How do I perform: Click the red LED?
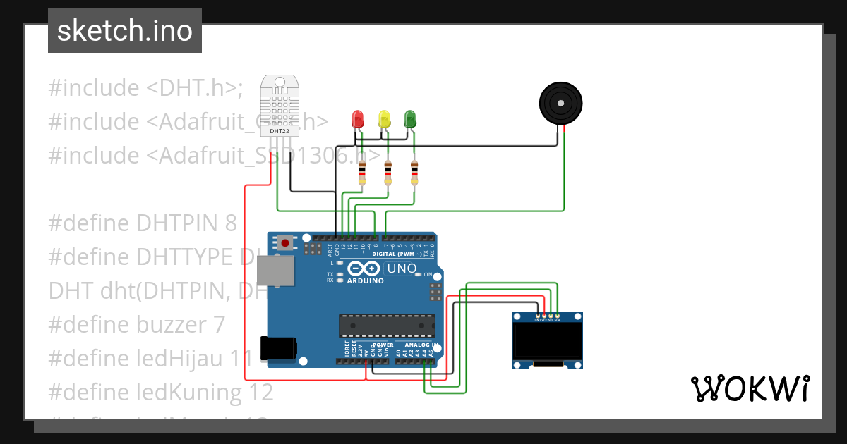(358, 118)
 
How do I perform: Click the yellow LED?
(384, 118)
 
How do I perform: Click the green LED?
(410, 118)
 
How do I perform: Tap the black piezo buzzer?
(561, 104)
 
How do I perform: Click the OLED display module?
(547, 341)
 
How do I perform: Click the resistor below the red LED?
(362, 172)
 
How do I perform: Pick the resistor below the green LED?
(414, 172)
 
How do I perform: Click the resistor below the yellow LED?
(388, 172)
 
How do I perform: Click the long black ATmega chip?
(387, 325)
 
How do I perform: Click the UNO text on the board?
(403, 269)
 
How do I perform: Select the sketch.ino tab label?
(125, 31)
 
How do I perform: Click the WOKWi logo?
(749, 388)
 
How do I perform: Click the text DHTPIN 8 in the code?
(186, 223)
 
